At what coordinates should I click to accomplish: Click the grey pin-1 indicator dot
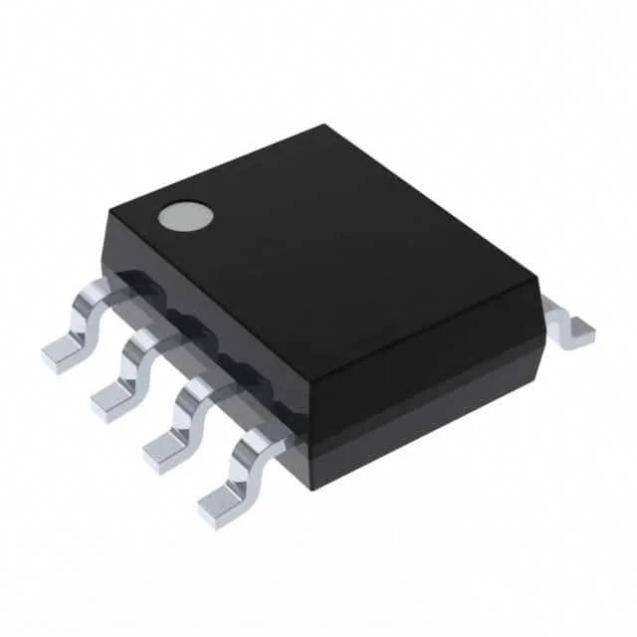point(187,216)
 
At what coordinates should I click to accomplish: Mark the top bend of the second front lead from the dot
point(150,341)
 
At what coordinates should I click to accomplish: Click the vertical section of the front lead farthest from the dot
point(239,472)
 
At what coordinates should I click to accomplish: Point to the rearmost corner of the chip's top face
point(323,127)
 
